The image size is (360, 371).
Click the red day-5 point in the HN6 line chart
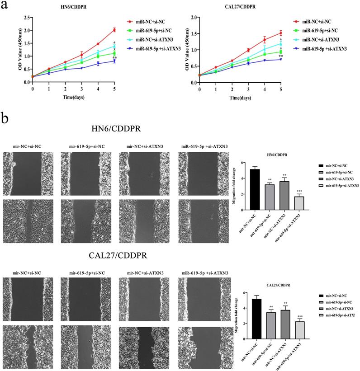[114, 30]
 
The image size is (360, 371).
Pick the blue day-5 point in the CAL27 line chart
[281, 59]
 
